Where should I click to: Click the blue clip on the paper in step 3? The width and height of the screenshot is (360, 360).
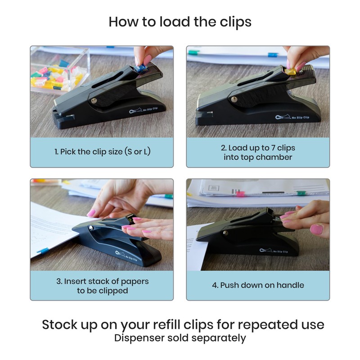click(x=43, y=251)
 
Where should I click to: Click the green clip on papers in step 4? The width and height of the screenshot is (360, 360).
click(x=301, y=193)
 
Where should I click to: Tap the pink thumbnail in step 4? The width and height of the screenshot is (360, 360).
click(x=316, y=230)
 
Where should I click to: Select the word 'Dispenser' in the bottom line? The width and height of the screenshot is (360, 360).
click(x=139, y=337)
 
